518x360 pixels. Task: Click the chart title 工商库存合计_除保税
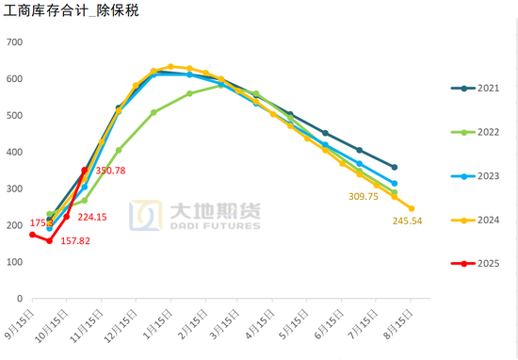pyautogui.click(x=72, y=12)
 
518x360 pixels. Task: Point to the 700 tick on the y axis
pyautogui.click(x=14, y=42)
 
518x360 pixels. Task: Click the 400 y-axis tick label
pyautogui.click(x=14, y=152)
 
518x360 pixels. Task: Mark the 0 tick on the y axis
pyautogui.click(x=20, y=298)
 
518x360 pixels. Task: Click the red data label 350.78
pyautogui.click(x=108, y=171)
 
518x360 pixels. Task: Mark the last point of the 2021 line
pyautogui.click(x=394, y=167)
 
